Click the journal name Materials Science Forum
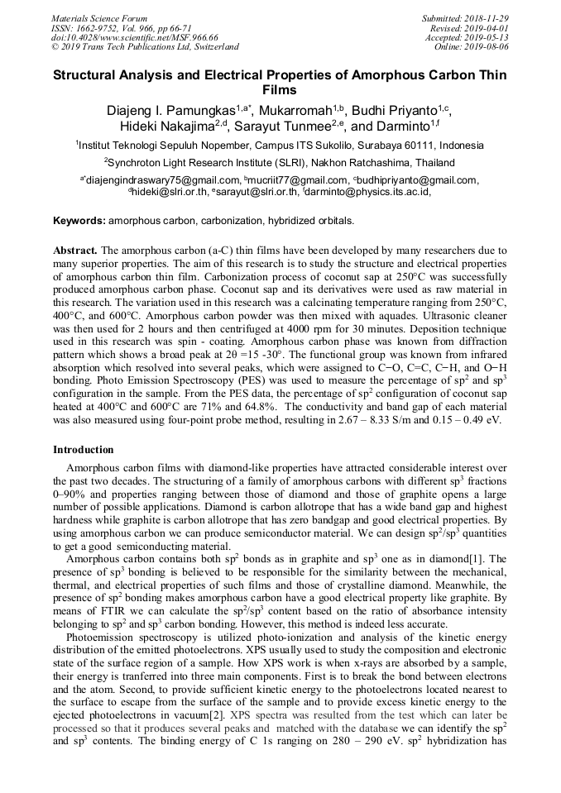pos(99,18)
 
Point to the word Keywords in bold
pos(79,222)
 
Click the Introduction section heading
pos(84,450)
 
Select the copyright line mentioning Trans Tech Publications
pos(145,47)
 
